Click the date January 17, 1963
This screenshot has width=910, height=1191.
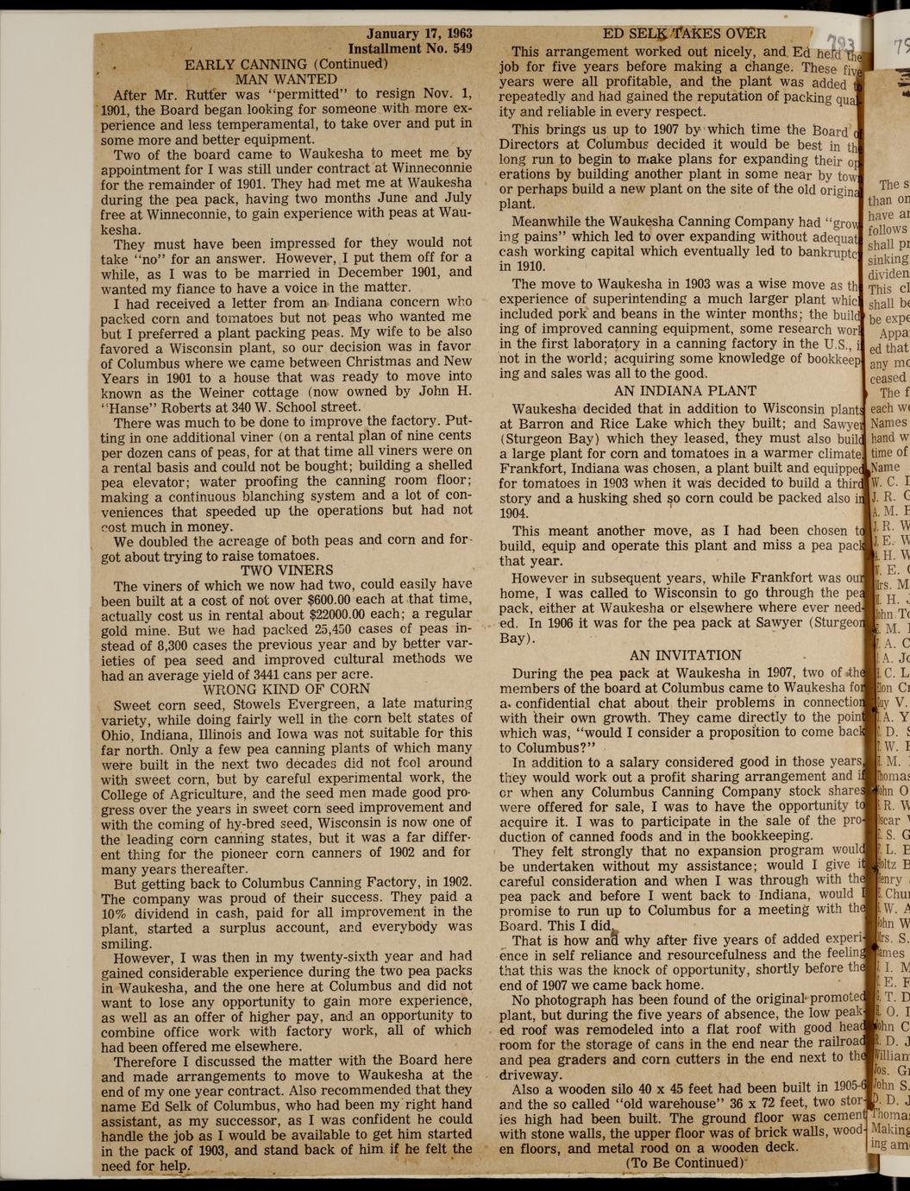(x=419, y=35)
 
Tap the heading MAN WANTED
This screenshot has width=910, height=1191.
(x=286, y=79)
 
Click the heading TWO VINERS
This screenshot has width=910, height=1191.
(x=286, y=570)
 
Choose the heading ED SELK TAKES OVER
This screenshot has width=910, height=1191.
(x=684, y=34)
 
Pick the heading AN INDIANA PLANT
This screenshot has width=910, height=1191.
(x=684, y=390)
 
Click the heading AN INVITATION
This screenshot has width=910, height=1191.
(x=685, y=655)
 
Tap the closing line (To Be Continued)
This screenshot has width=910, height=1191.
(x=684, y=1162)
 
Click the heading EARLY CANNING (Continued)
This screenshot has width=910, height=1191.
(x=286, y=64)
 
